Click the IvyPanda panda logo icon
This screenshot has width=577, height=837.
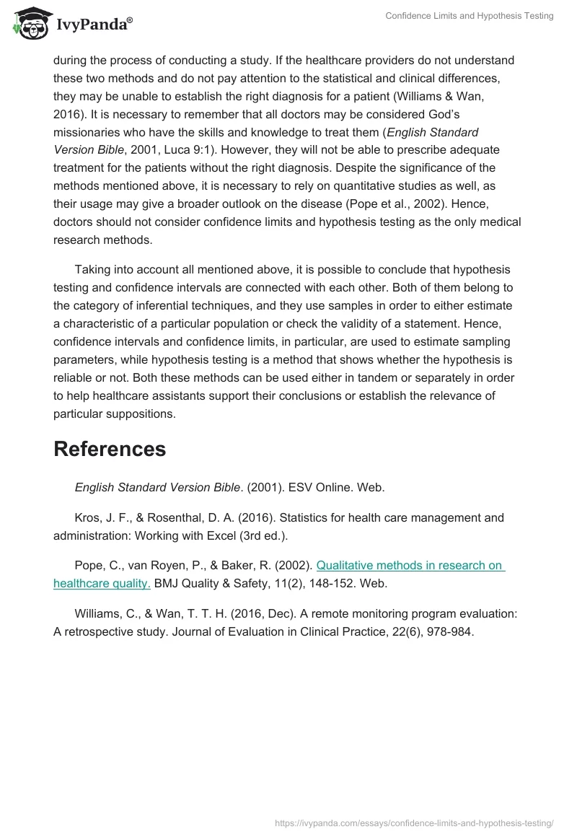29,24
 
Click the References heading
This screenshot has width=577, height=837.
110,449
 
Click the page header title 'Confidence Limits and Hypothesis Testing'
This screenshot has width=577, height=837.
469,16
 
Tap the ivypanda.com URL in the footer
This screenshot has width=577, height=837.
414,822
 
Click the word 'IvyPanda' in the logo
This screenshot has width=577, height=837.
94,25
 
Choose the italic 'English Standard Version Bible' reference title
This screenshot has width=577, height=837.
157,487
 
